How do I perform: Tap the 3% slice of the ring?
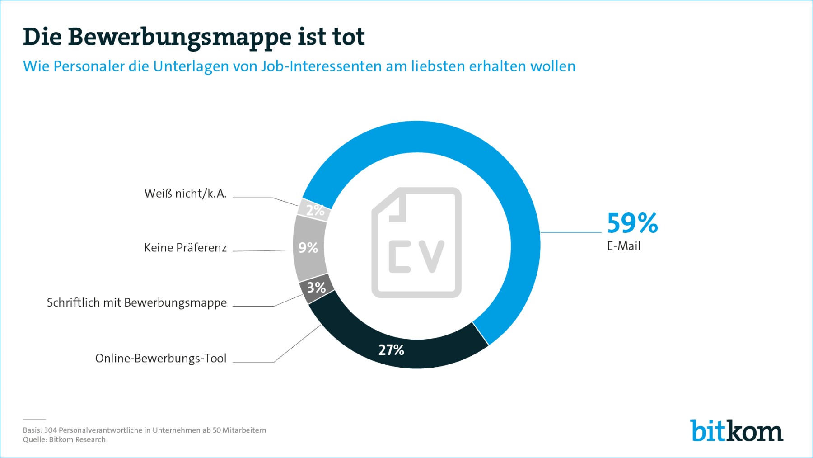pos(316,288)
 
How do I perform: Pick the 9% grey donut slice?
pos(308,248)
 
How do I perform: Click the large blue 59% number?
pos(632,223)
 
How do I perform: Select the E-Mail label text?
pos(623,246)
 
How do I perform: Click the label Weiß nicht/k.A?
pos(185,194)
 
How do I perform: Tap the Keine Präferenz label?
pos(185,248)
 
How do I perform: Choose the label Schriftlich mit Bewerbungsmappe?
pos(137,302)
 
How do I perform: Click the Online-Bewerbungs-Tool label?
pos(161,359)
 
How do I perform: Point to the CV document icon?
pos(416,243)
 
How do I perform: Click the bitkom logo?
pos(736,431)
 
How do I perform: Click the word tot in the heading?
pos(348,37)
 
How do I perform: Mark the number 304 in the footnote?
pos(50,430)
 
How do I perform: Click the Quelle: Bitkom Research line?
pos(64,439)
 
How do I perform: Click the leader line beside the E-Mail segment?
pos(571,232)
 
